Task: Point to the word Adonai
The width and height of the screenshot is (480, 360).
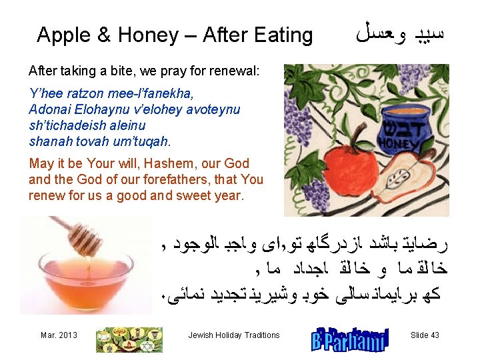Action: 49,109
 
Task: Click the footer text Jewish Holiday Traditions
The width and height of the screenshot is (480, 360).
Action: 233,335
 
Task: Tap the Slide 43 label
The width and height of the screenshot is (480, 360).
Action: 425,335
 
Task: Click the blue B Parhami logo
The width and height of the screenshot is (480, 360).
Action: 349,337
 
